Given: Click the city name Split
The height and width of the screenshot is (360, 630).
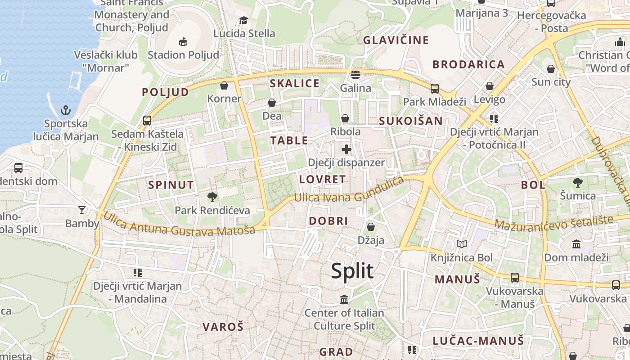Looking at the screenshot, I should point(352,271).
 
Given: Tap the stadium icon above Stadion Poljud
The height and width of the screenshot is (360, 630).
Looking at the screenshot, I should point(183,42).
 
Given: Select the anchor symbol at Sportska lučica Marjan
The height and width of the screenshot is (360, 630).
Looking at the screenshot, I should point(66,110).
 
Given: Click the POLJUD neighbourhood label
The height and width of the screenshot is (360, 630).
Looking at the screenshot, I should point(165,92).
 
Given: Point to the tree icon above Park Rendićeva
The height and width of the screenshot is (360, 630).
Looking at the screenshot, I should point(212,197).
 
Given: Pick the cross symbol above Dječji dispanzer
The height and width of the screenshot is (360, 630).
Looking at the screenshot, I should point(346,149).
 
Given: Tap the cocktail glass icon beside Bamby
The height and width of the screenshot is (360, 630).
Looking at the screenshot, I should point(82,210).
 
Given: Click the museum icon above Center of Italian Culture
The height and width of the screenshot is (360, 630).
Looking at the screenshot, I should point(344,299).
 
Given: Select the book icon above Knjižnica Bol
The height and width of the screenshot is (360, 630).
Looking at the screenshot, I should point(462,244).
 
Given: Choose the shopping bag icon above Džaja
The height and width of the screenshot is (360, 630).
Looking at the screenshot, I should point(371,227).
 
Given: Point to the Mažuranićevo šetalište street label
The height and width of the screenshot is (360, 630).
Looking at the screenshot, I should point(553,221).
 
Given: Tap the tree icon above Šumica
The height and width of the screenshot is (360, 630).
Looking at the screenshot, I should point(578,182).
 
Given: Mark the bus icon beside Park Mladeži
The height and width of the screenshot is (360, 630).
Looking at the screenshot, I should point(435,88).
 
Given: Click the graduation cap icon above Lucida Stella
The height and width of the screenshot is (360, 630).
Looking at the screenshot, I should point(243,20).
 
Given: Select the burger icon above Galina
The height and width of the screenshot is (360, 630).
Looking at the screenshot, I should point(355,74).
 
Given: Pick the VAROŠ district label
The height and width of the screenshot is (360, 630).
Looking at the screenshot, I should point(223,327).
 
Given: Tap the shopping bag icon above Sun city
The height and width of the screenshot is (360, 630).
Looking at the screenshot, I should point(551,69).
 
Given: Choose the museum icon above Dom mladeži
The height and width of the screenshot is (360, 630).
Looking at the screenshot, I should point(576,244).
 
